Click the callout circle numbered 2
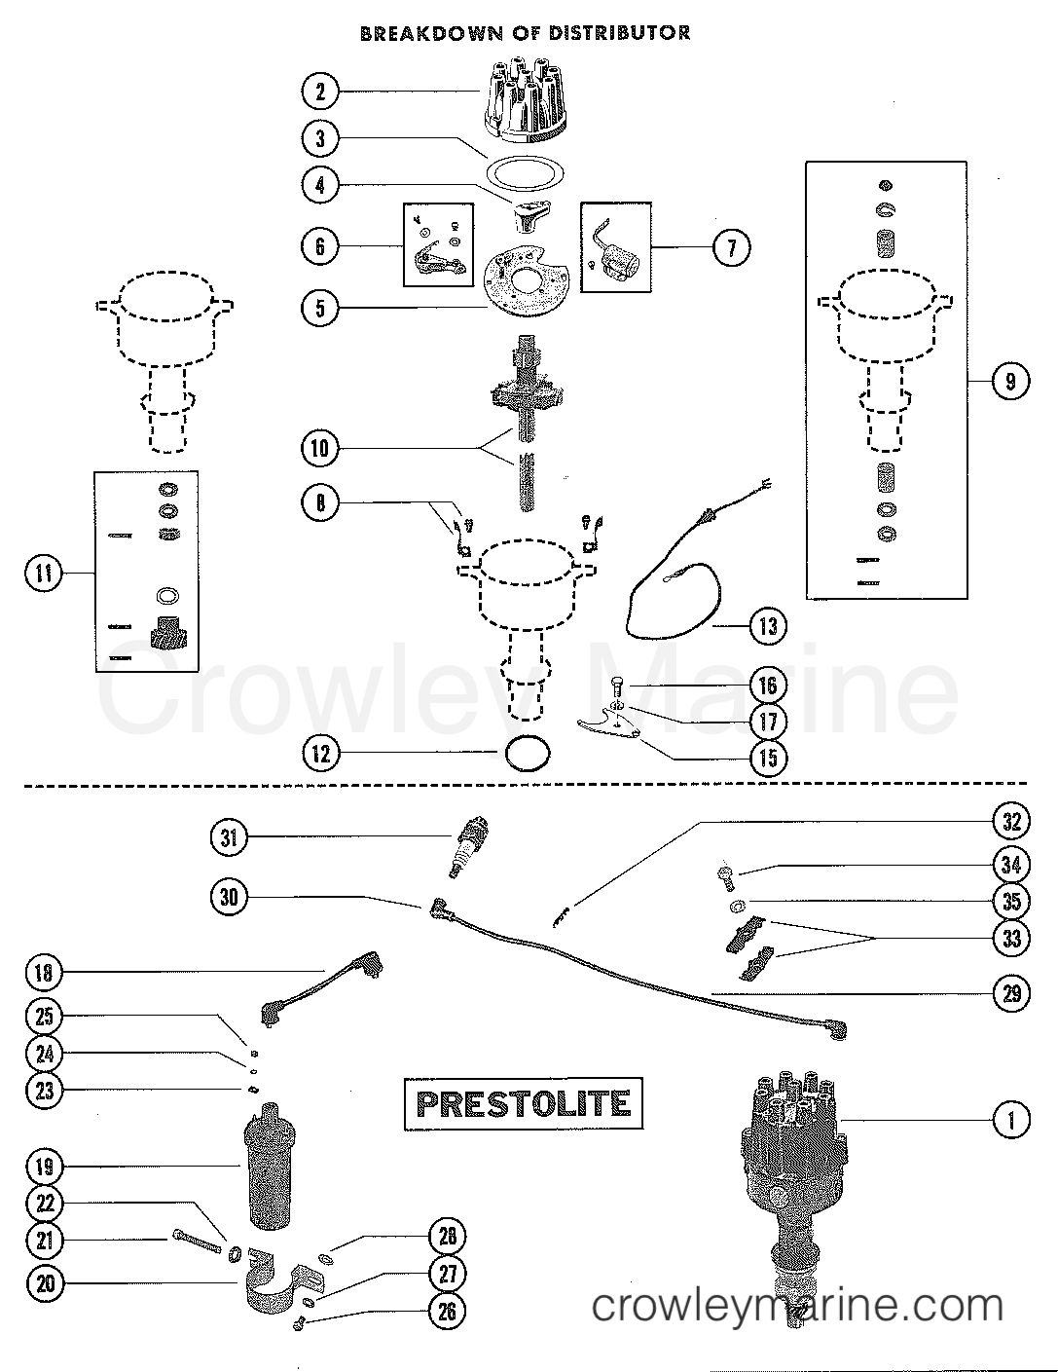point(320,92)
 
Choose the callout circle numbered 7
point(732,247)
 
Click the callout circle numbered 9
point(1010,382)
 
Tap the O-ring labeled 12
point(529,754)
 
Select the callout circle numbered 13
point(768,626)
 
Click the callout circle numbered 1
point(1011,1120)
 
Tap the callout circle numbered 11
point(44,574)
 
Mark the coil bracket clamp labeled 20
point(285,1281)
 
